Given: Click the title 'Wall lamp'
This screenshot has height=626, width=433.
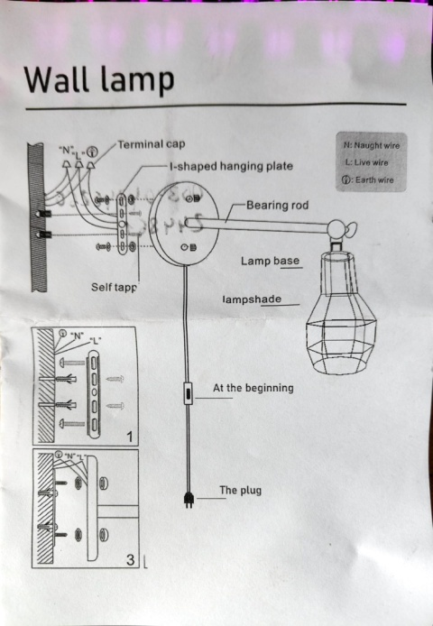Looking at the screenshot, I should click(x=99, y=79).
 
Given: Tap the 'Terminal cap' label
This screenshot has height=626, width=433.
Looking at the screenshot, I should click(x=151, y=144).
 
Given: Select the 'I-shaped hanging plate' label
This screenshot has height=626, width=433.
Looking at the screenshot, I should click(x=231, y=167).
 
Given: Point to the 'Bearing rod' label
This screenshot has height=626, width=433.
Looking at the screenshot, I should click(x=277, y=206).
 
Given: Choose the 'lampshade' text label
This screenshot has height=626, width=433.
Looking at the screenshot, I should click(x=252, y=299).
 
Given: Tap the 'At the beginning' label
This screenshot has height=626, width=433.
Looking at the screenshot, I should click(x=253, y=388).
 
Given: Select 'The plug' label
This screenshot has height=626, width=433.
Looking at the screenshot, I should click(x=241, y=491).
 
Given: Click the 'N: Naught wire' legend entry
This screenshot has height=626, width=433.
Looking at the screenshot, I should click(x=371, y=145).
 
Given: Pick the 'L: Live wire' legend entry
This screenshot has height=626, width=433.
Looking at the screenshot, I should click(x=367, y=162).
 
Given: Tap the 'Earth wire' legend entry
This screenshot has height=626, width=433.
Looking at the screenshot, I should click(x=368, y=180).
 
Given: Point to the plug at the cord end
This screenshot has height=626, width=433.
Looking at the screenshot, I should click(x=189, y=499).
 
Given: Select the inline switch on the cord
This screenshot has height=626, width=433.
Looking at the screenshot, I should click(x=188, y=394).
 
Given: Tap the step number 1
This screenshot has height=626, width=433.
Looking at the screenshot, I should click(x=131, y=437).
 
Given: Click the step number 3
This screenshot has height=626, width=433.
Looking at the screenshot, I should click(x=131, y=560).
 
